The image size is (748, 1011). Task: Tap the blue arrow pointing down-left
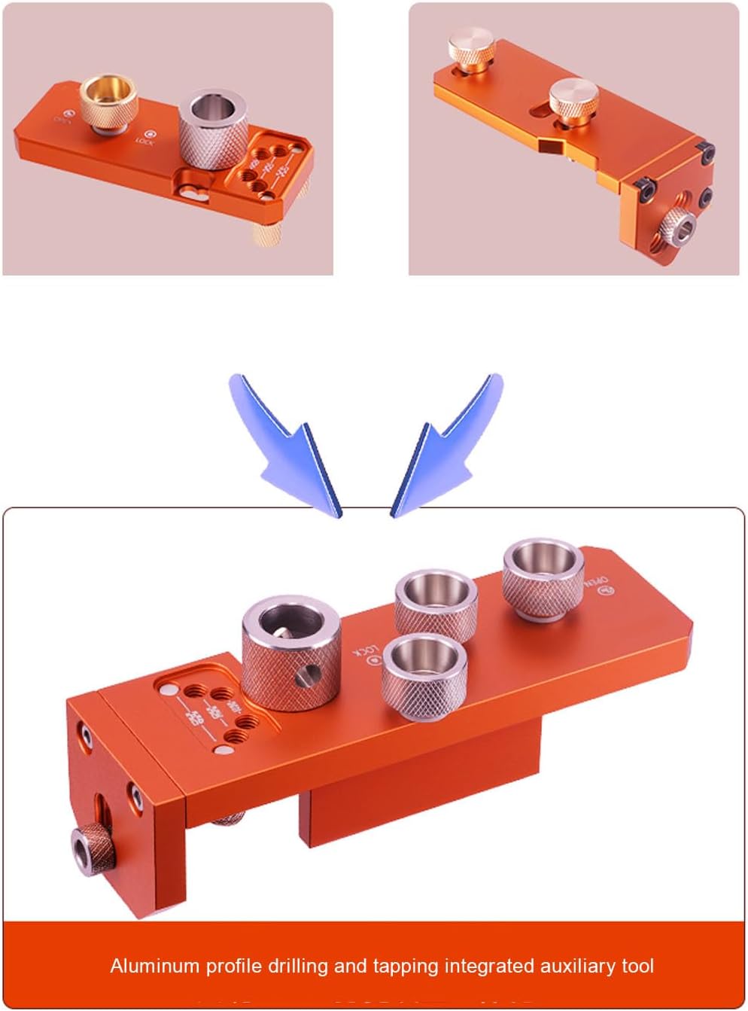click(x=444, y=444)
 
